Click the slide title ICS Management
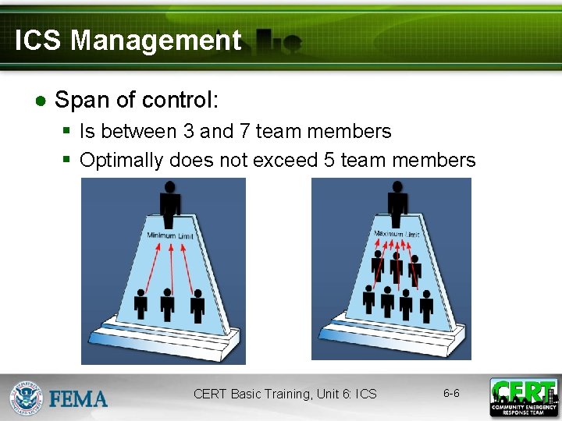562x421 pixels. [x=128, y=41]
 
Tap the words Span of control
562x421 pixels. [x=137, y=100]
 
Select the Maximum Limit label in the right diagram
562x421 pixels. [x=397, y=234]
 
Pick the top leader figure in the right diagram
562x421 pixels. [x=397, y=203]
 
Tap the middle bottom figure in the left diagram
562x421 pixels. [x=166, y=304]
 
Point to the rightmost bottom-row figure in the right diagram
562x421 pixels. [x=426, y=305]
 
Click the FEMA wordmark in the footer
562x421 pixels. [x=78, y=399]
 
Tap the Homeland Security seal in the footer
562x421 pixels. [x=27, y=398]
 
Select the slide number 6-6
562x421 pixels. [x=451, y=393]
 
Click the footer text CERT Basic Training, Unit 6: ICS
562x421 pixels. [x=285, y=394]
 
